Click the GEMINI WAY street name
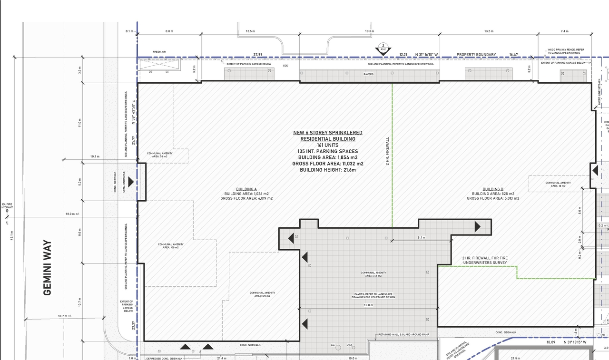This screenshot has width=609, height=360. coord(47,267)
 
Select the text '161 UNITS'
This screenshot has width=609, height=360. coord(327,145)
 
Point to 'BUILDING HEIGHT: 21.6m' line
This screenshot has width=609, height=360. coord(327,170)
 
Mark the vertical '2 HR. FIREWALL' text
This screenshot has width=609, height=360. coord(387,152)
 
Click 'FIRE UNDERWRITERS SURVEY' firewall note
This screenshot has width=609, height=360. coord(484,260)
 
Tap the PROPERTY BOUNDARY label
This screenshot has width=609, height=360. coord(476,55)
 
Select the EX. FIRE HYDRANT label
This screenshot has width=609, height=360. coord(7,206)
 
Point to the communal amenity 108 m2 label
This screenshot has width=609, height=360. coord(170,246)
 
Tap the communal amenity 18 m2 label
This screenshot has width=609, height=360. coord(558,184)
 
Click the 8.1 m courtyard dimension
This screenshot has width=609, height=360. coord(421,237)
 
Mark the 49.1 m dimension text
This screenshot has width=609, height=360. coord(12,235)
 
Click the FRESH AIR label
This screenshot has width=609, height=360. coord(159,52)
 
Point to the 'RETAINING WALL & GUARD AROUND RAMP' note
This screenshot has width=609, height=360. coord(403,335)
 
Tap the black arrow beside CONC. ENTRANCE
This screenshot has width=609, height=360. coord(131,182)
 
